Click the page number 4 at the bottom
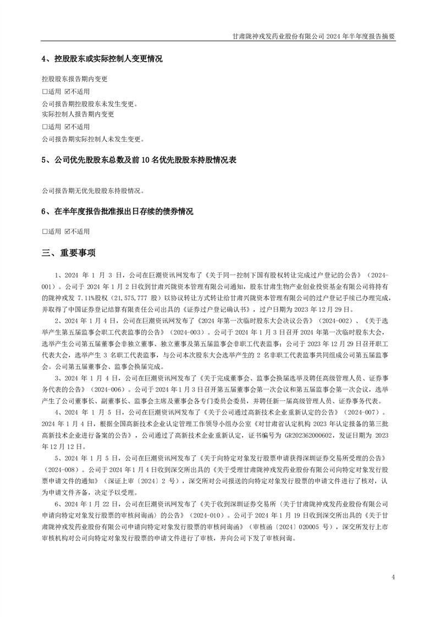pyautogui.click(x=393, y=577)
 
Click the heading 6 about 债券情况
pyautogui.click(x=117, y=211)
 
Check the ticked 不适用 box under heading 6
pyautogui.click(x=67, y=232)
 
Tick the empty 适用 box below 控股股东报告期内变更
pyautogui.click(x=45, y=91)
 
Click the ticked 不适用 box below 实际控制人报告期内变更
pyautogui.click(x=67, y=126)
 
